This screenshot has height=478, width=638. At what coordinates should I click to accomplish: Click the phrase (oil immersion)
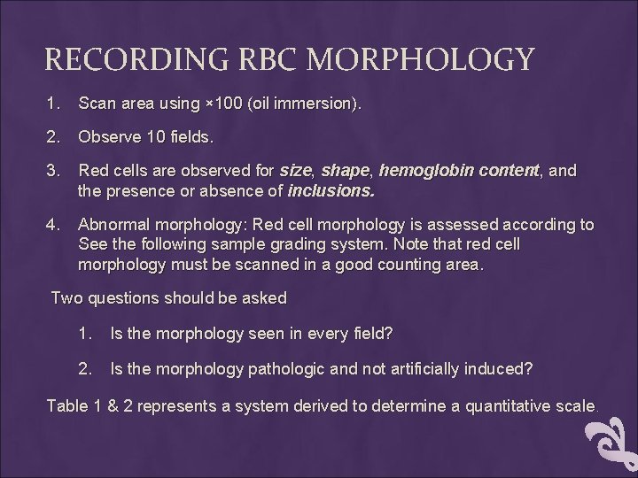(307, 104)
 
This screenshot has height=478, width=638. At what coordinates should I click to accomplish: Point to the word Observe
(106, 138)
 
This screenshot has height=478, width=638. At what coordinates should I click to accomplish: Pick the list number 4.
(54, 225)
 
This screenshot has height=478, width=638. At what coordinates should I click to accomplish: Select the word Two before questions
(66, 298)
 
